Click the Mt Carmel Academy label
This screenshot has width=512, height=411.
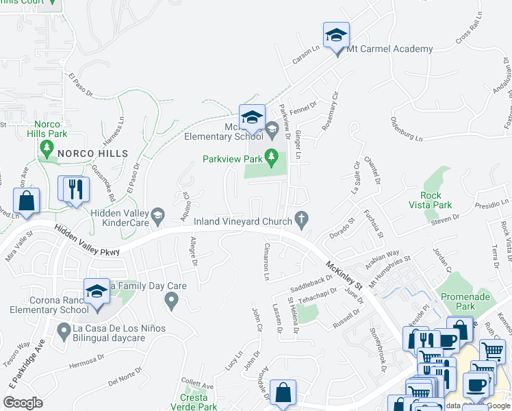tap(390, 49)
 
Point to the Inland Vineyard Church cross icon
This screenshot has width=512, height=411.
tap(300, 219)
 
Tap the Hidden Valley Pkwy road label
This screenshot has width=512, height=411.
tap(86, 242)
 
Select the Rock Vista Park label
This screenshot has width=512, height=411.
tap(436, 200)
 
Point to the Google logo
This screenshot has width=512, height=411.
tap(23, 403)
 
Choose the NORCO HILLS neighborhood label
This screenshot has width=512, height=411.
tap(92, 153)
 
